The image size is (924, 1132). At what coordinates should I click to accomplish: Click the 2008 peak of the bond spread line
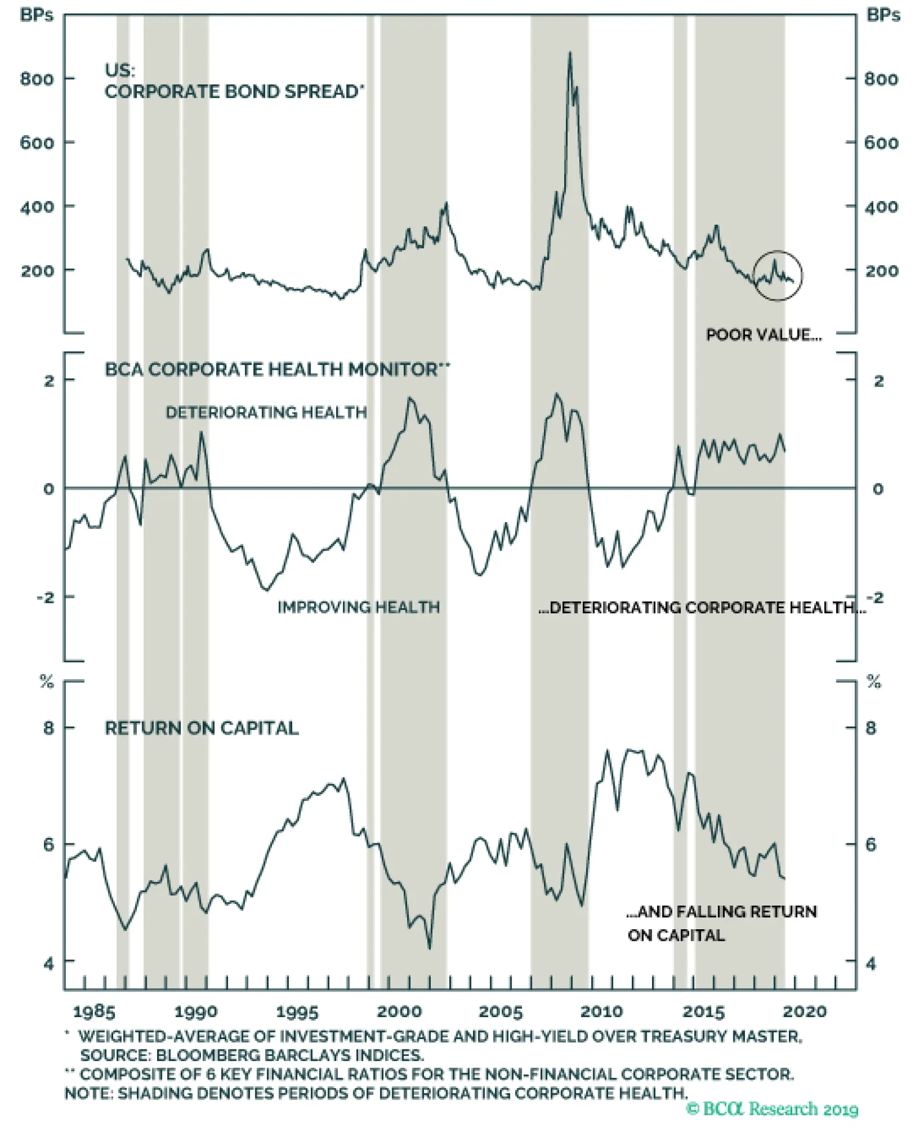(x=570, y=53)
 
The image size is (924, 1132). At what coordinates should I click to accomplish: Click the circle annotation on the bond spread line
(x=778, y=275)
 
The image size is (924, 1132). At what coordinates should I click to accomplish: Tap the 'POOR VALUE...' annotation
(x=763, y=335)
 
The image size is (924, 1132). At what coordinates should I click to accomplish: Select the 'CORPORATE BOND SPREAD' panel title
(x=234, y=92)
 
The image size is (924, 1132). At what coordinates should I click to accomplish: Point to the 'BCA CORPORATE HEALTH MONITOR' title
(x=276, y=369)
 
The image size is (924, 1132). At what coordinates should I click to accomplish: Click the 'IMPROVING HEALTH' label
(x=359, y=607)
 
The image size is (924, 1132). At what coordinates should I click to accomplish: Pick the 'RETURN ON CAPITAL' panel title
(x=202, y=728)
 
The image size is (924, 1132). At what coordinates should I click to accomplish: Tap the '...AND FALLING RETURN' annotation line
(x=721, y=911)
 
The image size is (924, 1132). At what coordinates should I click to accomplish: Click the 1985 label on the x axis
(x=94, y=1011)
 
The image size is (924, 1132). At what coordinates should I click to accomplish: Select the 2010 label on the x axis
(x=601, y=1011)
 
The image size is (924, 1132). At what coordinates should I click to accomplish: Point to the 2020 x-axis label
(x=804, y=1011)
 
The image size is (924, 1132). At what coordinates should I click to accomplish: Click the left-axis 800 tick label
(x=36, y=79)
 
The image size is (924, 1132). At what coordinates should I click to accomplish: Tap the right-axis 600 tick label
(x=881, y=143)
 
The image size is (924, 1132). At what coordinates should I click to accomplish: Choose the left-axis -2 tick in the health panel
(x=46, y=597)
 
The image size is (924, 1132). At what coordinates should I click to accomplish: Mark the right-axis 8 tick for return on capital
(x=870, y=728)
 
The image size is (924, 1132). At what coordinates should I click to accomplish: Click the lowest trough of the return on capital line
(x=429, y=947)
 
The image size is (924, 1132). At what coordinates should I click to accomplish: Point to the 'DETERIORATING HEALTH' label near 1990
(x=266, y=412)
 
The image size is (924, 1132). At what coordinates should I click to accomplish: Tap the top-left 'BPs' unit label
(x=36, y=15)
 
